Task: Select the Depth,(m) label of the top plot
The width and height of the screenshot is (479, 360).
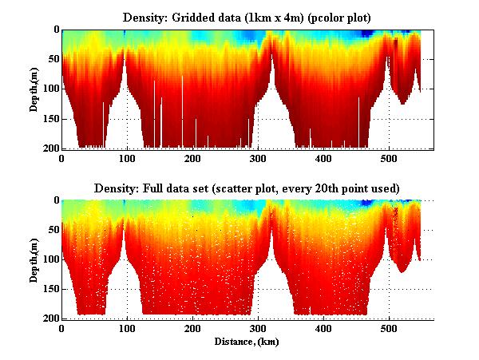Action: (x=35, y=89)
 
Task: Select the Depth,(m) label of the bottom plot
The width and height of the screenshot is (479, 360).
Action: (x=35, y=259)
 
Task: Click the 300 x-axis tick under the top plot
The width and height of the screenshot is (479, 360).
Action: (x=258, y=159)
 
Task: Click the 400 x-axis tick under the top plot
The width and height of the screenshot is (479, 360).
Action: (x=323, y=159)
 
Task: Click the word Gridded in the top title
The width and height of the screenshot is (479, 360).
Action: (x=200, y=18)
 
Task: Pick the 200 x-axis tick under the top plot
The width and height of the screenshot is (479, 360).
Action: (x=192, y=159)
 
